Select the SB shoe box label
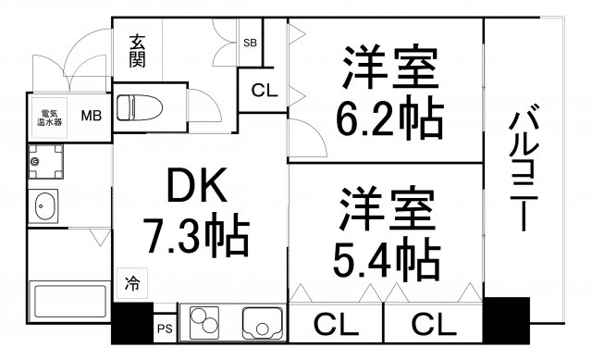coord(250,43)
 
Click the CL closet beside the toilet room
coord(263,91)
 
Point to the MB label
coord(91,117)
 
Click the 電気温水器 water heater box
coord(48,117)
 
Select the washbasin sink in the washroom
coord(45,206)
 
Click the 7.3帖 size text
coord(195,237)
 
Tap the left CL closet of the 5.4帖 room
coord(337,324)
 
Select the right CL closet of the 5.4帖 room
coord(433,324)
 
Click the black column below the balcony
coord(506,320)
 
